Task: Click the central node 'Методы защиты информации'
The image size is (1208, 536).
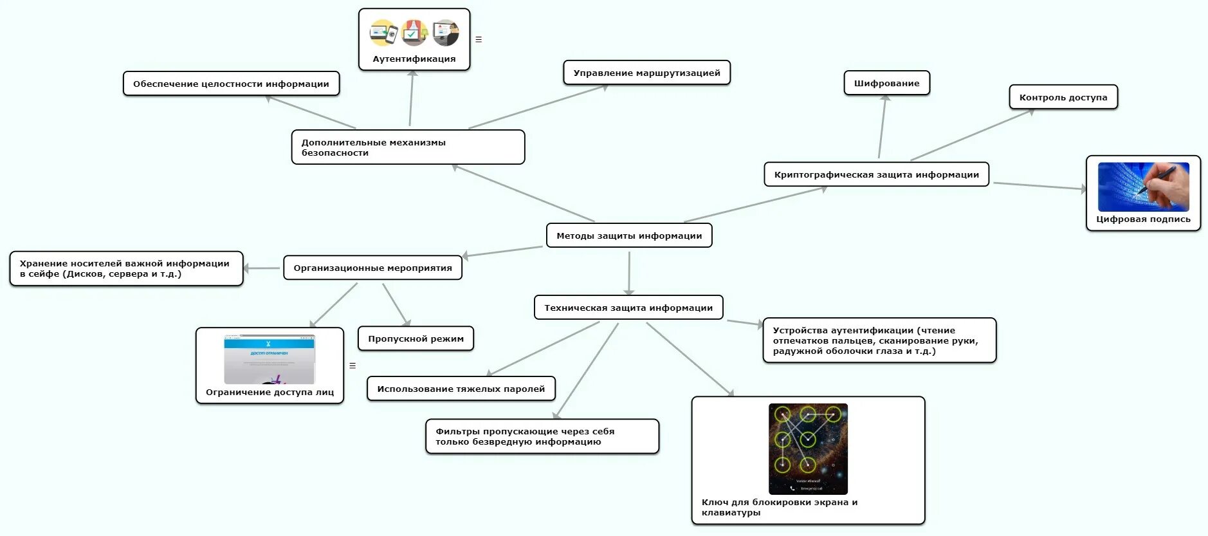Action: pos(629,236)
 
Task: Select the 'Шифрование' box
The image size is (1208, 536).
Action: pos(886,83)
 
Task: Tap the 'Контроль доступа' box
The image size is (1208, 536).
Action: pos(1063,97)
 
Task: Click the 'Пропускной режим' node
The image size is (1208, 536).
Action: pos(416,338)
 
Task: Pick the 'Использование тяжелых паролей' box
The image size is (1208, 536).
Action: pos(461,389)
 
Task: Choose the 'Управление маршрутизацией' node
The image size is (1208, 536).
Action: pos(646,73)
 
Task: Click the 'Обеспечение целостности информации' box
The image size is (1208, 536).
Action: pos(231,84)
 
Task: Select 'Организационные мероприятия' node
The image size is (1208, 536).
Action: pos(372,268)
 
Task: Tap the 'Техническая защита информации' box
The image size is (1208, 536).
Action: pos(628,308)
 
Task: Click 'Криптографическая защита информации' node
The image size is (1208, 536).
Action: pos(876,174)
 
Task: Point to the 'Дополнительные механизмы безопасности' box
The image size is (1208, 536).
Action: pos(408,147)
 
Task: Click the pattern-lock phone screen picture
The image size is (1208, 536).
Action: pos(808,448)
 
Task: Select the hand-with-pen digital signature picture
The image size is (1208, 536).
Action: pos(1143,187)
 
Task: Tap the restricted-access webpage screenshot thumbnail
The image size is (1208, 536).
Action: pos(269,359)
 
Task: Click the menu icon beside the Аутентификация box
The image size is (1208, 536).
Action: pos(479,39)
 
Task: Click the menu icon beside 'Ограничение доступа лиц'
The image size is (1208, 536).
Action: pos(352,365)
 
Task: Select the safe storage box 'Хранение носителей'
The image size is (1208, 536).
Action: pos(126,268)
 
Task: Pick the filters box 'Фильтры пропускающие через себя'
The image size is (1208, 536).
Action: pos(542,436)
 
